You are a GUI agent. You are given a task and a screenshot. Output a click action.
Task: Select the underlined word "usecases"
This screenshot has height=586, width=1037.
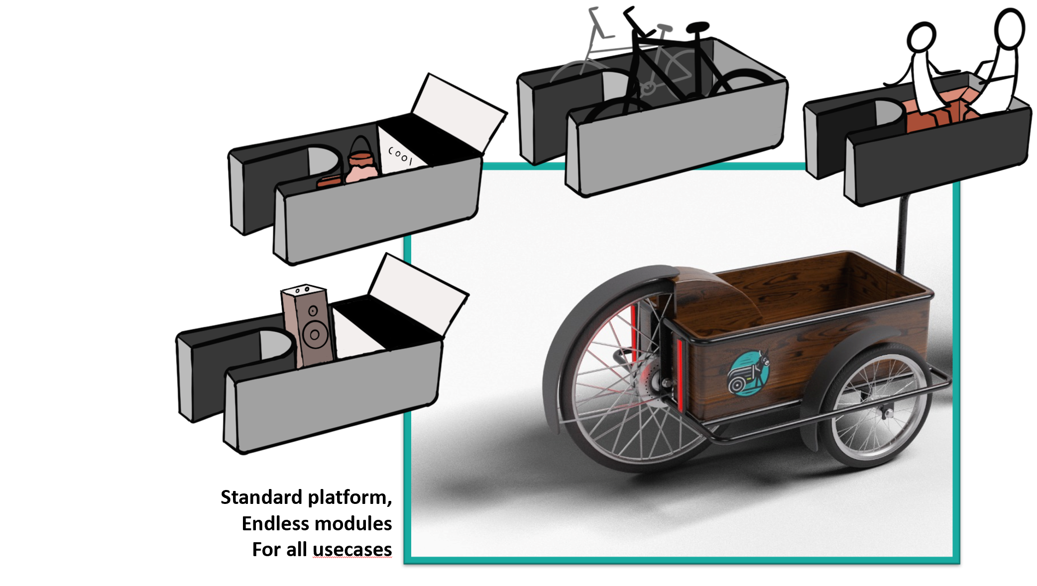(x=352, y=549)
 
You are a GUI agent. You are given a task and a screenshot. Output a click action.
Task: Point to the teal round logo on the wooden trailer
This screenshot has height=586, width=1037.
(x=748, y=373)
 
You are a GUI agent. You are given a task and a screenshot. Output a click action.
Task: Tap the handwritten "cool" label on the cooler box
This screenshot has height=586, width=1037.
(x=400, y=155)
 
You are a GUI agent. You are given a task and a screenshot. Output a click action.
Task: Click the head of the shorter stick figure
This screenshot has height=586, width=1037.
(x=921, y=37)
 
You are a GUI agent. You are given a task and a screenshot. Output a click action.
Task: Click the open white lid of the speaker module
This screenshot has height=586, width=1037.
(x=417, y=291)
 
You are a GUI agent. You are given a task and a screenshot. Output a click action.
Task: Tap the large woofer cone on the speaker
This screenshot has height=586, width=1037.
(x=315, y=334)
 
